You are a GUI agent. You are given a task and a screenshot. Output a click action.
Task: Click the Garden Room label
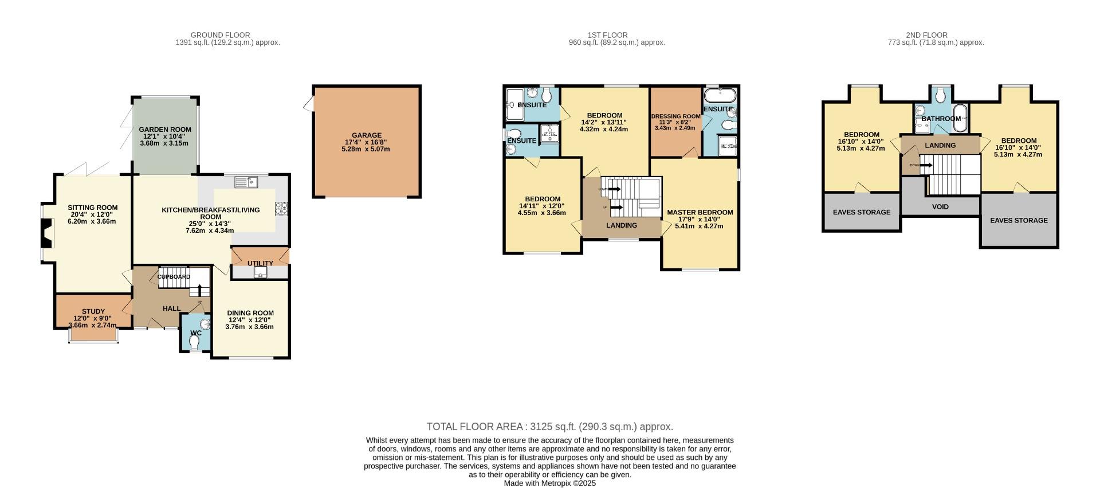pos(165,130)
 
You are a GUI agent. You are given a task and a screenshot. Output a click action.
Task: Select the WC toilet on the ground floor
pos(194,342)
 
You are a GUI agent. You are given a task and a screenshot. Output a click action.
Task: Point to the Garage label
pos(366,135)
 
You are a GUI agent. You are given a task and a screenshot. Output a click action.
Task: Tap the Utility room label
pos(260,263)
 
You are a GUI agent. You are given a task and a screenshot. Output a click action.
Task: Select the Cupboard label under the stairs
pos(174,277)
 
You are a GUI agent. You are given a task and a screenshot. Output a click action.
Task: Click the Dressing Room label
pos(675,116)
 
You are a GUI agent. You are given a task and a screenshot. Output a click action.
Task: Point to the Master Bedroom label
pos(700,212)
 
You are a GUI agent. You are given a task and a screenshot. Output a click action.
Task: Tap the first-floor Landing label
pos(622,225)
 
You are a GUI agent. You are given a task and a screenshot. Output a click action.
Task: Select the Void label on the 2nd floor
pos(940,206)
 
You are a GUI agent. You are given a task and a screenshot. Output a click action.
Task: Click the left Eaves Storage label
pos(862,212)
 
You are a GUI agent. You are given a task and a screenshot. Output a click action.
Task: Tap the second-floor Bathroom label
pos(941,119)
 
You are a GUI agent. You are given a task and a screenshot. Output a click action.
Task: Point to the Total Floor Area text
pos(549,427)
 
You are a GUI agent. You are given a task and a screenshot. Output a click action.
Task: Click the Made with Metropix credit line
pos(549,483)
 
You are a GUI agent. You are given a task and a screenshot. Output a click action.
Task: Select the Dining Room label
pos(250,313)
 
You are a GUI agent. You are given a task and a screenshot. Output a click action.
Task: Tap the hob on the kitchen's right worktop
pos(281,208)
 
